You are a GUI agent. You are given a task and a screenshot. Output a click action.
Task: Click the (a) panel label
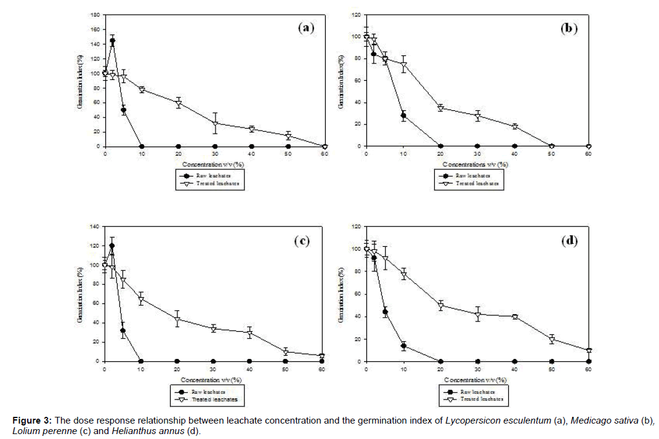tap(306, 28)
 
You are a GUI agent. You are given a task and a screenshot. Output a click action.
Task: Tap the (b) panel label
tap(568, 28)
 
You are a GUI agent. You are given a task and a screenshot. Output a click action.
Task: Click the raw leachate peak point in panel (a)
tap(112, 41)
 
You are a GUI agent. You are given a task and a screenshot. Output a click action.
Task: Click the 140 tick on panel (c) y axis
tap(94, 227)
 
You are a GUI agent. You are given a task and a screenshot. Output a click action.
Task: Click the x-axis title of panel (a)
tap(214, 165)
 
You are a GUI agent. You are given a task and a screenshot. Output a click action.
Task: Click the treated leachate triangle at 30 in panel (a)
tap(215, 124)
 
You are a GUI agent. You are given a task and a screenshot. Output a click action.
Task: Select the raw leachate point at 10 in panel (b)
tap(403, 116)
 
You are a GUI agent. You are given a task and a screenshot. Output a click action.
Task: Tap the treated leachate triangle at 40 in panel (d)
tap(514, 316)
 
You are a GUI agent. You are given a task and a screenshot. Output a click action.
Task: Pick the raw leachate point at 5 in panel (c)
tap(123, 331)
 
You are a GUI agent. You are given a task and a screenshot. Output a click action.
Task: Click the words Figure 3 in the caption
tap(31, 421)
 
